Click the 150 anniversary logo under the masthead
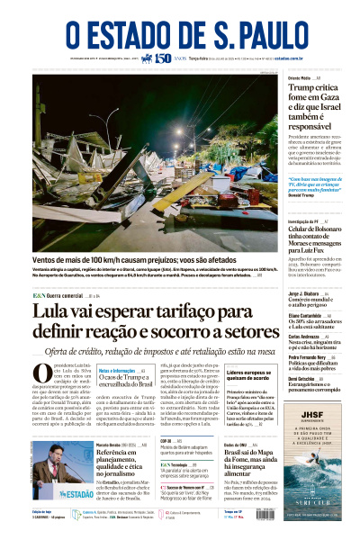point(163,58)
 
